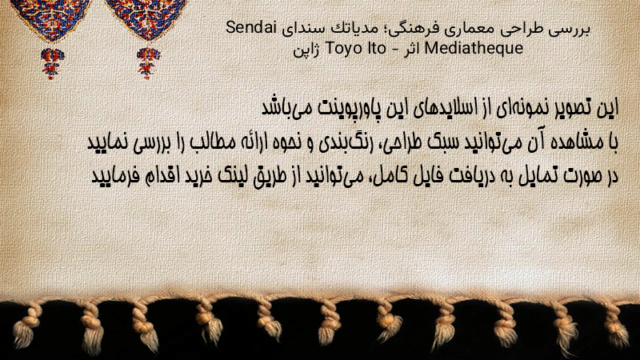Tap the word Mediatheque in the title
point(474,48)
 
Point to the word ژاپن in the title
point(307,50)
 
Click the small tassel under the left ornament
point(52,63)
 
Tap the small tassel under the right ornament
point(148,63)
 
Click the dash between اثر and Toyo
point(395,50)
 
